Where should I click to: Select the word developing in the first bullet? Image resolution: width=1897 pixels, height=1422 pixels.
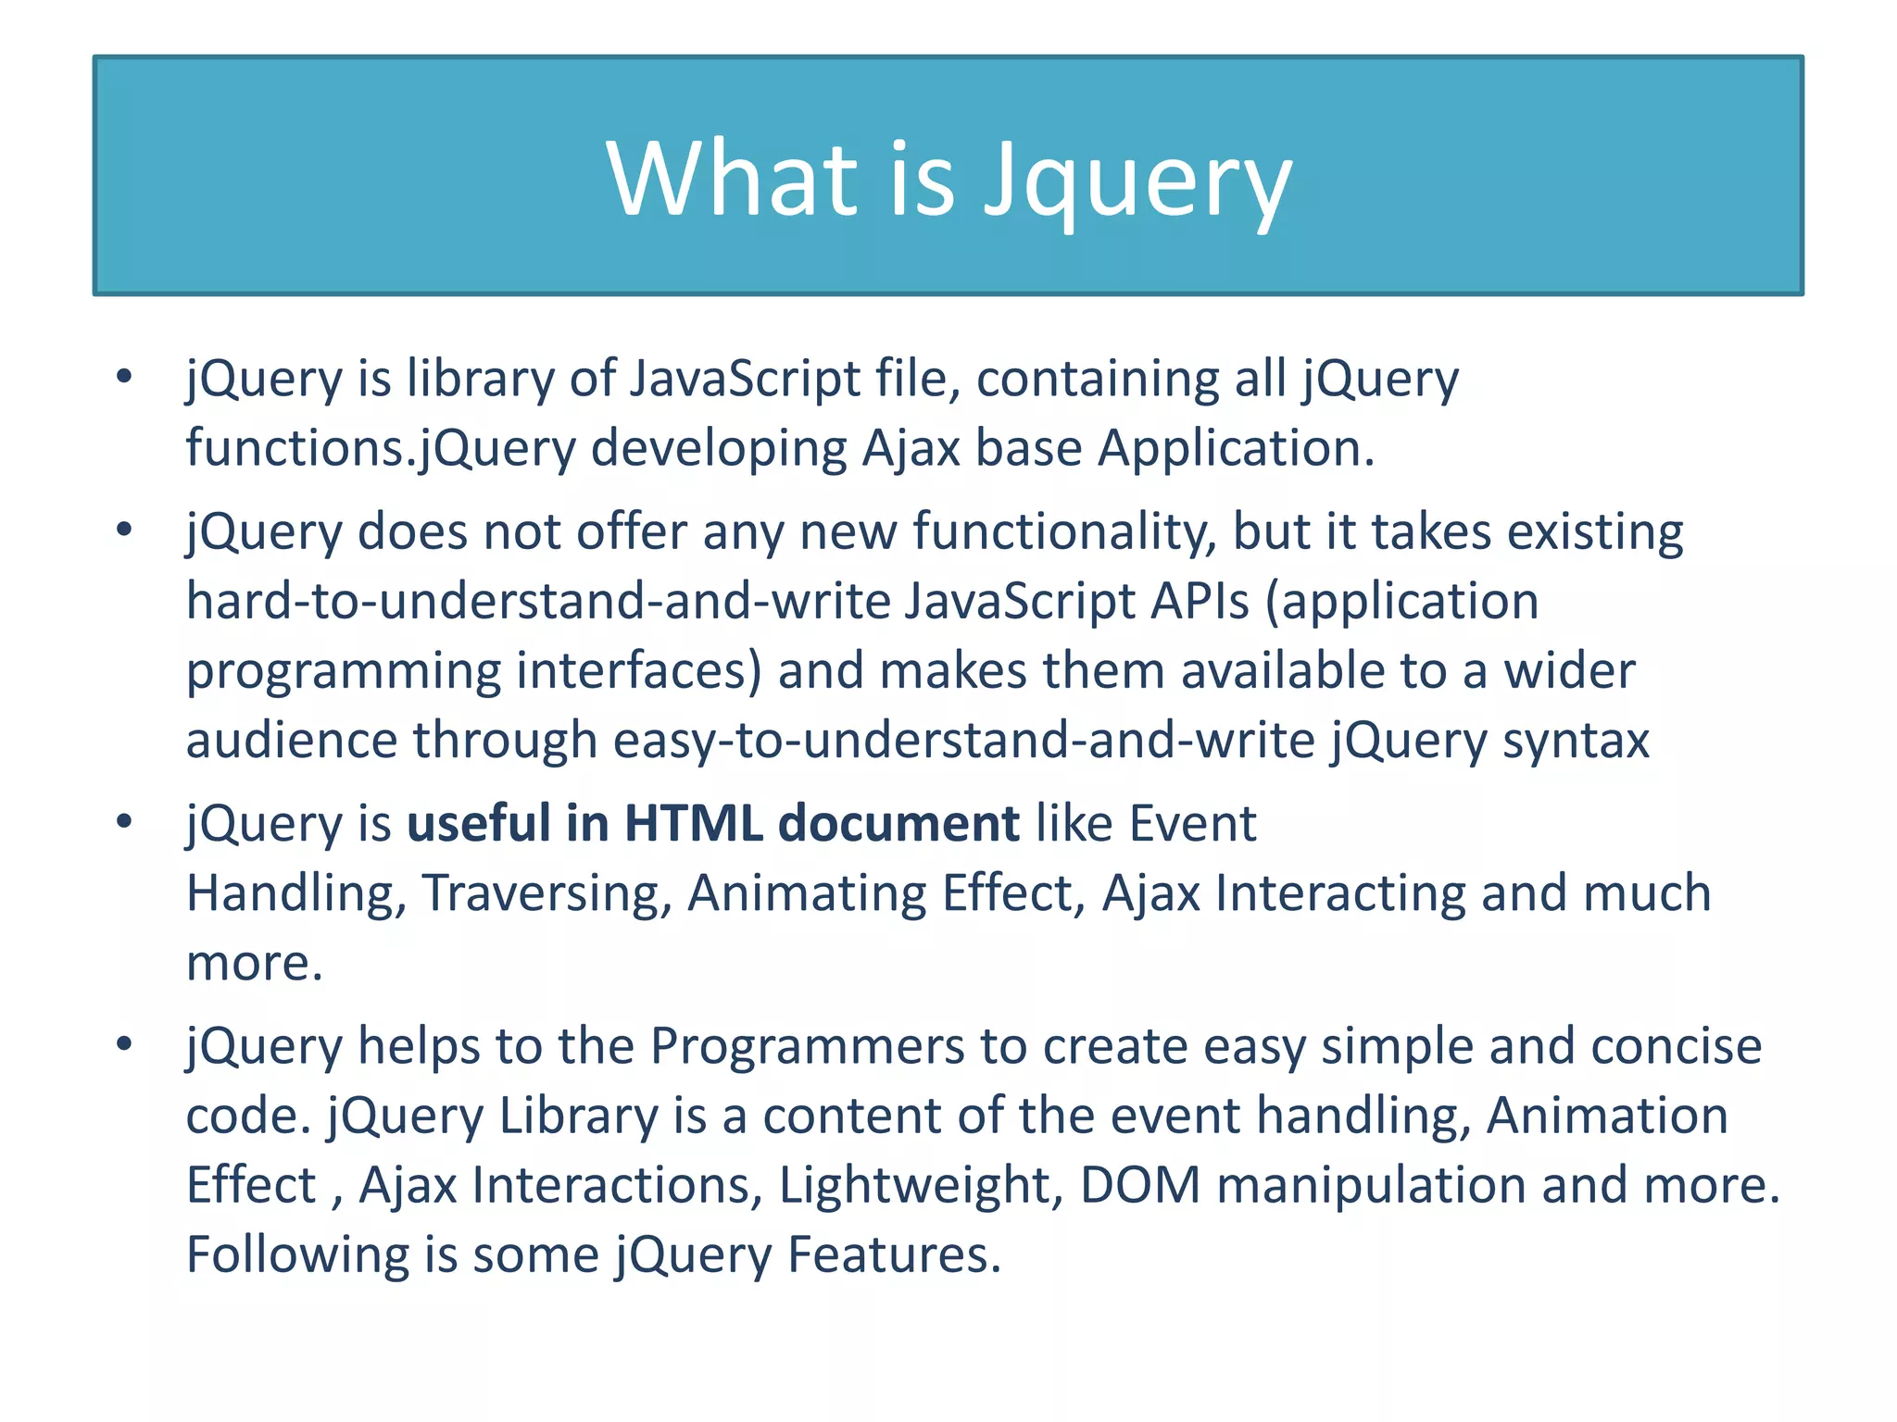click(x=718, y=449)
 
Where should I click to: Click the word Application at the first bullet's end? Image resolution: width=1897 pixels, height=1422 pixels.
click(x=1236, y=449)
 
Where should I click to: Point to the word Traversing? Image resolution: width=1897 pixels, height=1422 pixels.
click(x=546, y=894)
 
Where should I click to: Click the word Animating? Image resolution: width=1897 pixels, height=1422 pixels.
click(x=807, y=894)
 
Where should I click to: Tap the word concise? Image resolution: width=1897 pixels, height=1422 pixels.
click(x=1676, y=1046)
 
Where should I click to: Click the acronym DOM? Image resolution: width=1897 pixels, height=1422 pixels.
click(x=1140, y=1186)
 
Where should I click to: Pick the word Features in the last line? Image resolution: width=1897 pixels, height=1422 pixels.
click(x=894, y=1255)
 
